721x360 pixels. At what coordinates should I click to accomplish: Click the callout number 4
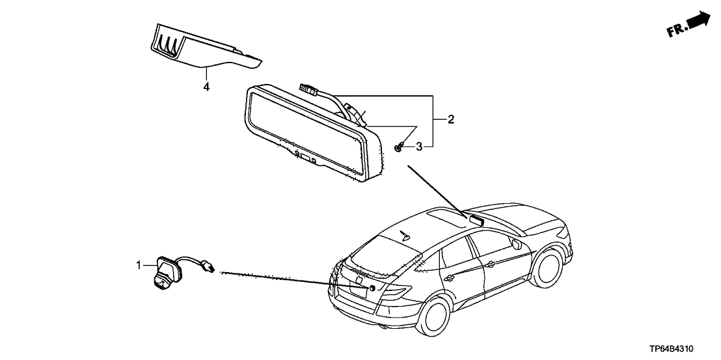pyautogui.click(x=206, y=87)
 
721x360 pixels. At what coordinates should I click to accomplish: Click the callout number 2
pyautogui.click(x=450, y=120)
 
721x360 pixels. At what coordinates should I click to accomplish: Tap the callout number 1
pyautogui.click(x=138, y=265)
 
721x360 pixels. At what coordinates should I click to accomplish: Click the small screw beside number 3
pyautogui.click(x=398, y=148)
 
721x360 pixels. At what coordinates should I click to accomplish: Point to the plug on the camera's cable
pyautogui.click(x=209, y=265)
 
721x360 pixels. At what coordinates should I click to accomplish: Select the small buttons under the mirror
pyautogui.click(x=305, y=158)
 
